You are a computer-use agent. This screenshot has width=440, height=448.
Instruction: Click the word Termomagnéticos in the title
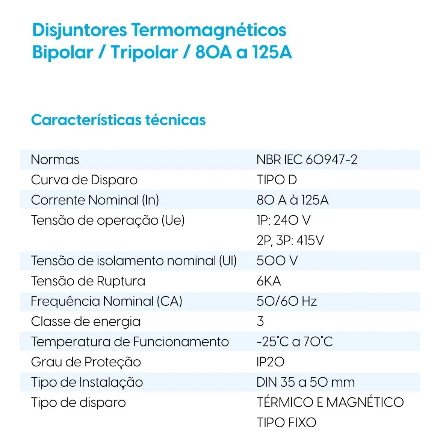click(x=209, y=30)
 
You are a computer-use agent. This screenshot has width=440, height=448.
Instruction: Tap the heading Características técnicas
click(x=118, y=120)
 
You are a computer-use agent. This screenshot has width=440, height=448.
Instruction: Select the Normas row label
click(x=55, y=159)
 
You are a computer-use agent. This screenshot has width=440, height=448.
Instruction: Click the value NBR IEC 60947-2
click(x=307, y=159)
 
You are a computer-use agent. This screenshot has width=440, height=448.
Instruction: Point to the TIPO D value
click(x=277, y=180)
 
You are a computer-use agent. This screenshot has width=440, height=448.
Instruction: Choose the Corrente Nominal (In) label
click(x=95, y=200)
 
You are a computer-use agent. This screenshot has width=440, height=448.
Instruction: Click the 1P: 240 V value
click(x=283, y=220)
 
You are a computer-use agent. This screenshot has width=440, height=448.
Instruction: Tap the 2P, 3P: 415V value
click(x=290, y=240)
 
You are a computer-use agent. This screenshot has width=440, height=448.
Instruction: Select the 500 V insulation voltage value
click(x=277, y=261)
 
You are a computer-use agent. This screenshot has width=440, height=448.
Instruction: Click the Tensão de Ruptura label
click(x=88, y=281)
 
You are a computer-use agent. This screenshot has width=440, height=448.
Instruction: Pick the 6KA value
click(x=269, y=281)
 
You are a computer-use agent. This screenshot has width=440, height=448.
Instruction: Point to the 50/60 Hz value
click(x=287, y=301)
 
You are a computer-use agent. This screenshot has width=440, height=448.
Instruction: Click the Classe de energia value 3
click(x=260, y=322)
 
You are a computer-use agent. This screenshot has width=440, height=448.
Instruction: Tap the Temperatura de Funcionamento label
click(x=130, y=342)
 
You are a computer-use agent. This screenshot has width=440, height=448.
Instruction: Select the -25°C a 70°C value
click(x=295, y=342)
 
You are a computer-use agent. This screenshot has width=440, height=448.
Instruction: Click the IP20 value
click(x=270, y=362)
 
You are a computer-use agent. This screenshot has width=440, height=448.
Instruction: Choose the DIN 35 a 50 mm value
click(x=305, y=382)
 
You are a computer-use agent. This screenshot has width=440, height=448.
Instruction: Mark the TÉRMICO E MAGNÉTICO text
click(x=330, y=402)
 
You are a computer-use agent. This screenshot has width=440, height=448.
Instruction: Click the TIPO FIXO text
click(x=286, y=422)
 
